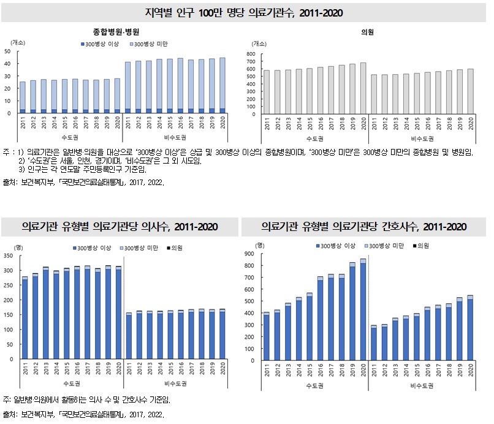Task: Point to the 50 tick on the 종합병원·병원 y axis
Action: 7,51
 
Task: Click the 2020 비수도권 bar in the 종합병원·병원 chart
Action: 221,86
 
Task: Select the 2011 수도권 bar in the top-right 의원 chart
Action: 266,92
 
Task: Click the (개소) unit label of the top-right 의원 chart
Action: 260,43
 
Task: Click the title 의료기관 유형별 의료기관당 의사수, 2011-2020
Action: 120,227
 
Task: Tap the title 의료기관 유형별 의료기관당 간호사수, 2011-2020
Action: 364,227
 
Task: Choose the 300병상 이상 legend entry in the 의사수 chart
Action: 95,248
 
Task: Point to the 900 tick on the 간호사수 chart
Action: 249,254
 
